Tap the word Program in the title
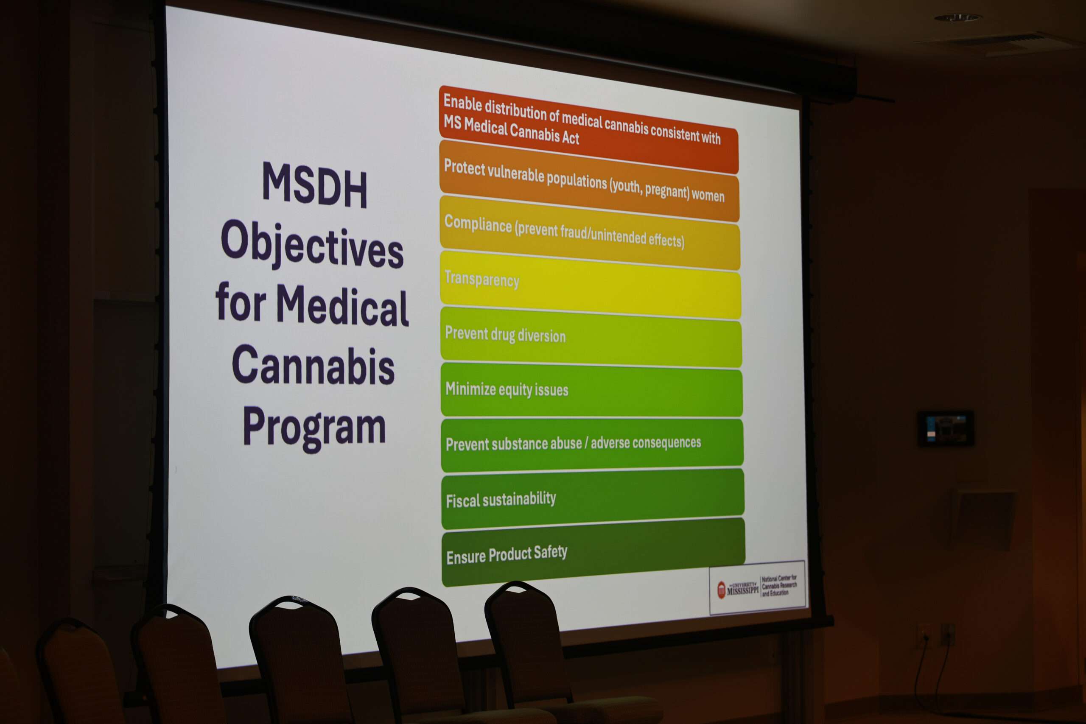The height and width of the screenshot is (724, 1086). click(x=314, y=427)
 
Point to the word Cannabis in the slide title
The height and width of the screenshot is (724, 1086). click(x=313, y=365)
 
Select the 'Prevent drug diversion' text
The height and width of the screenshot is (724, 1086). click(x=505, y=335)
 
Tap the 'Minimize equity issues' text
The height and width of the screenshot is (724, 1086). click(x=507, y=389)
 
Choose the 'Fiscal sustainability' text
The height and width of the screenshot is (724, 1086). click(x=501, y=499)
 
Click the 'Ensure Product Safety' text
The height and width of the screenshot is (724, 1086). click(x=507, y=554)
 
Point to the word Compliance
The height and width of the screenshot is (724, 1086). click(x=478, y=224)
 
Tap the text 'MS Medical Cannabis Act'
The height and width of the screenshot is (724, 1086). click(x=511, y=130)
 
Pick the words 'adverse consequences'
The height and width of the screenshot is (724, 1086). click(x=646, y=443)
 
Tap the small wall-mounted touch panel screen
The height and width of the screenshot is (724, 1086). click(x=946, y=428)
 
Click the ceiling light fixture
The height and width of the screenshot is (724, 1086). click(x=957, y=18)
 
